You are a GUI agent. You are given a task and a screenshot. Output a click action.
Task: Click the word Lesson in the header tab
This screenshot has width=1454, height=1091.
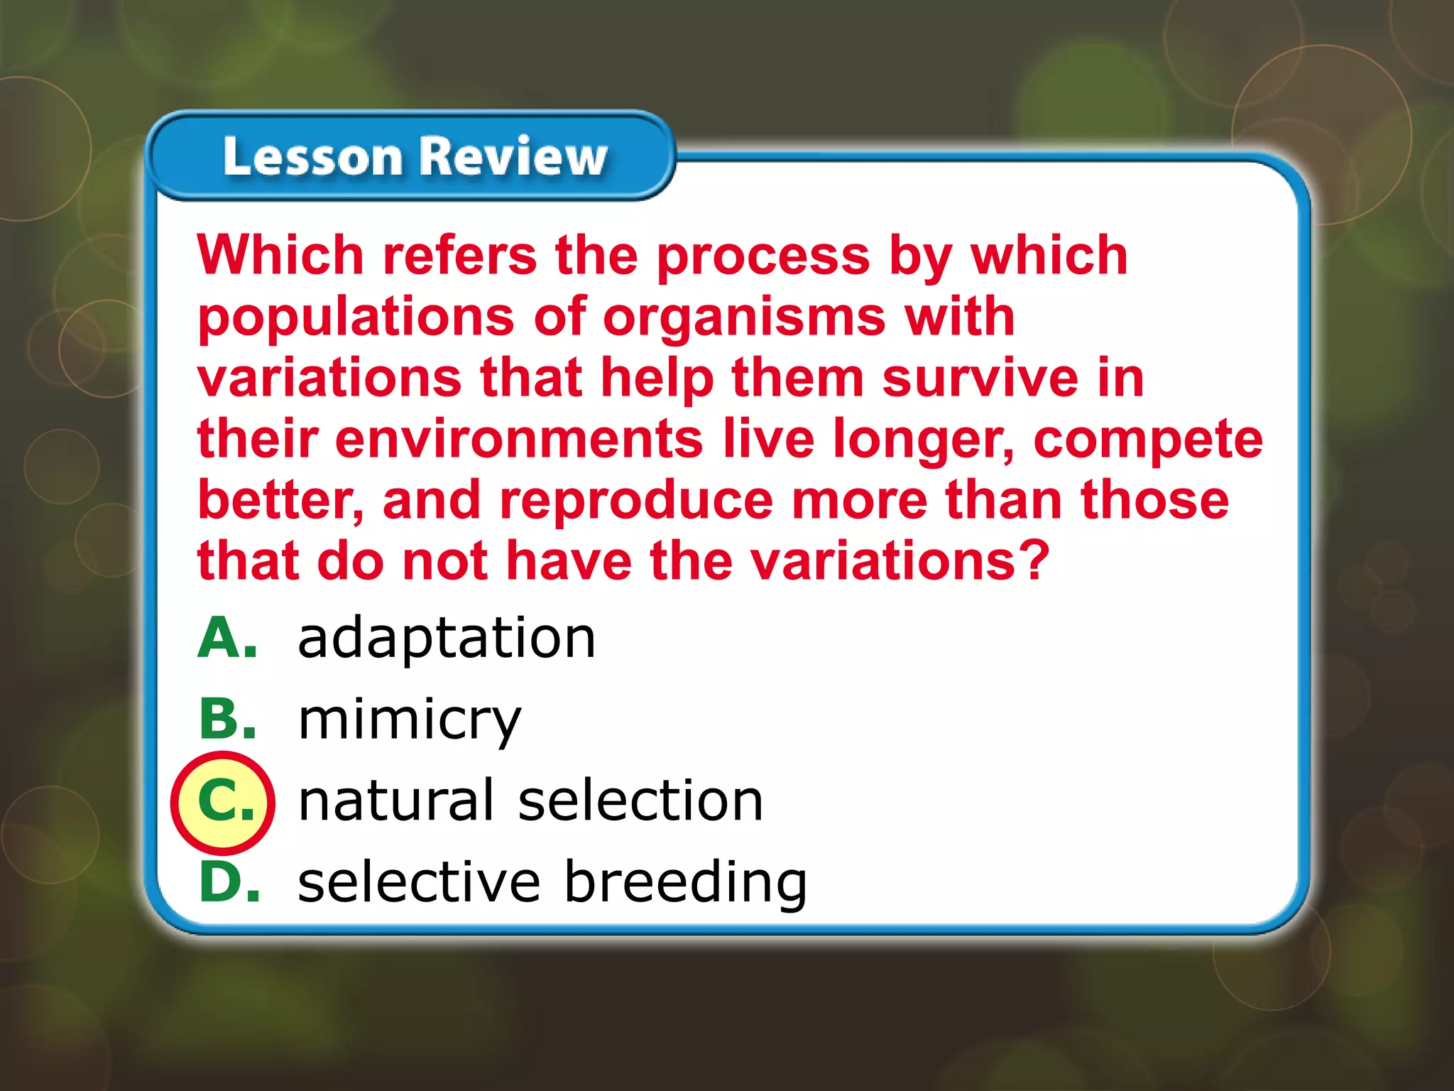[x=312, y=156]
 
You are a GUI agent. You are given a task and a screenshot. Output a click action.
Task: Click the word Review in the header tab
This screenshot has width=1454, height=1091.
[x=515, y=156]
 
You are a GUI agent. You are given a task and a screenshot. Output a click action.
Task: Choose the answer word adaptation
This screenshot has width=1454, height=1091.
[x=447, y=638]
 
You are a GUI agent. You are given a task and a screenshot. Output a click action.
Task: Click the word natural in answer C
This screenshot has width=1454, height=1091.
[x=395, y=800]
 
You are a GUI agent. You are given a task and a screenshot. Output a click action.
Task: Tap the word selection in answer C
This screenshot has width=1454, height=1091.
[x=640, y=800]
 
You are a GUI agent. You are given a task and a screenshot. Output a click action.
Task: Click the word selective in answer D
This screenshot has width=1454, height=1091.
[x=420, y=881]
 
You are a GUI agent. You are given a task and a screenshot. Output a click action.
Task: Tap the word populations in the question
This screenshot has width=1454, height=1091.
[x=356, y=317]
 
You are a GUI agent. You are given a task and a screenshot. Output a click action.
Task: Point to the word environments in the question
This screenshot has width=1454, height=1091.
[x=520, y=439]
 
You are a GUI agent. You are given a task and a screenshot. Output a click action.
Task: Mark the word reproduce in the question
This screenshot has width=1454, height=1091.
[x=636, y=501]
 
